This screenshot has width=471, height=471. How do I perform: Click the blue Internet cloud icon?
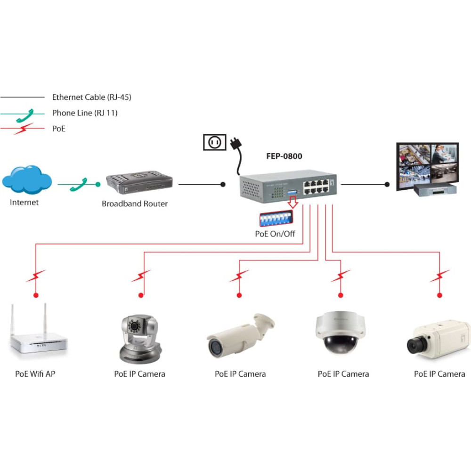(x=27, y=179)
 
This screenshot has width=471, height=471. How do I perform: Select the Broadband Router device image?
(x=139, y=182)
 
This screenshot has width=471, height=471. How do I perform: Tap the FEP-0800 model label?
(x=284, y=156)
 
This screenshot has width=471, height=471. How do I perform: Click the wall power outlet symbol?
(x=214, y=142)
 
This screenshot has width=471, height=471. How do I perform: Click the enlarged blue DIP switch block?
(x=276, y=219)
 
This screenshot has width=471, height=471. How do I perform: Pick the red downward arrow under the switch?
(x=292, y=202)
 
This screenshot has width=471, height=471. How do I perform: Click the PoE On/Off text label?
(x=275, y=234)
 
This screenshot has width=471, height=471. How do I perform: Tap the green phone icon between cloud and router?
(x=78, y=185)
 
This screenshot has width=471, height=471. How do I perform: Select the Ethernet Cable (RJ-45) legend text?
(x=92, y=97)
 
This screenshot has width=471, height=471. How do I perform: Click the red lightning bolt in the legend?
(x=23, y=129)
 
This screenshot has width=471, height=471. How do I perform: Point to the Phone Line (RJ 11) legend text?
(x=85, y=113)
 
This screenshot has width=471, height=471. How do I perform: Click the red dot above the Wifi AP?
(x=36, y=295)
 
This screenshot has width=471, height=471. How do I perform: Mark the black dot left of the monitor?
(x=387, y=185)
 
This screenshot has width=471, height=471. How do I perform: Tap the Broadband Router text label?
(x=135, y=203)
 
